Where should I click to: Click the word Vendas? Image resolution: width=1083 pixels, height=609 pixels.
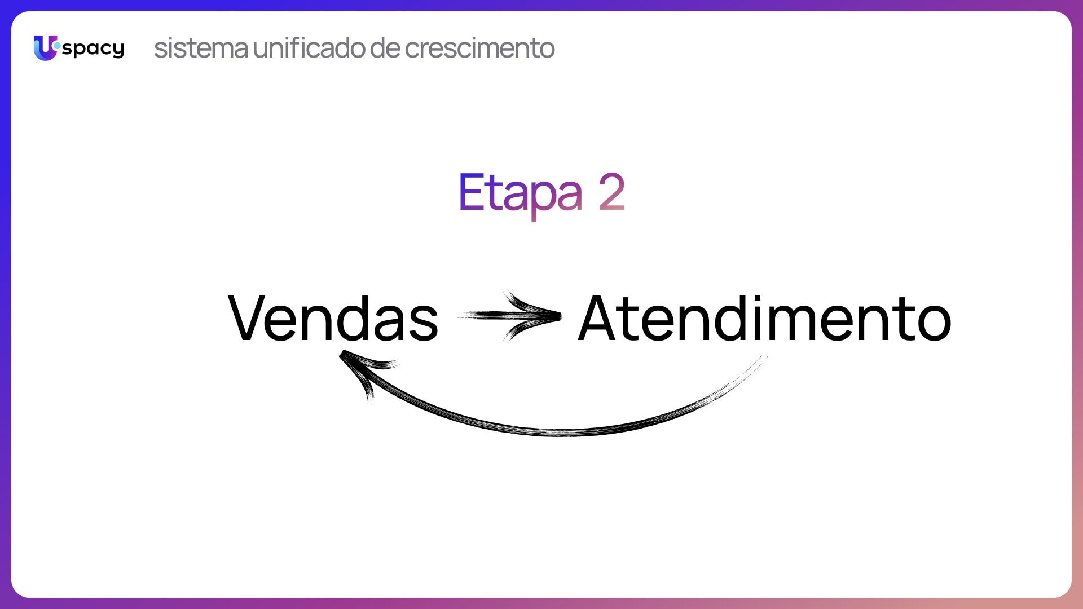click(333, 319)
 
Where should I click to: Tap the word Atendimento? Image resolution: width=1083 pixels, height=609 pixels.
click(765, 319)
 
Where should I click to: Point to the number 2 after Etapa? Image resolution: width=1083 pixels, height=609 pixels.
click(611, 192)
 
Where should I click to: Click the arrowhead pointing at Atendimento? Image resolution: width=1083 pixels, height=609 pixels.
click(536, 316)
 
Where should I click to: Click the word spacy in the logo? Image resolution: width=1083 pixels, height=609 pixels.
click(94, 50)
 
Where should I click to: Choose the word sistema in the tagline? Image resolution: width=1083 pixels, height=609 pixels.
click(201, 48)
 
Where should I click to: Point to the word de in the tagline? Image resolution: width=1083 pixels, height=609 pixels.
click(385, 48)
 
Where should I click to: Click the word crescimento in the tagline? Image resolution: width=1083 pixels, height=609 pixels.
click(480, 48)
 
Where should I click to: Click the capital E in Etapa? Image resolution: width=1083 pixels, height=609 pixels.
click(470, 192)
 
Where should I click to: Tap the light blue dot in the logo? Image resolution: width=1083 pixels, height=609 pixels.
click(56, 45)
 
